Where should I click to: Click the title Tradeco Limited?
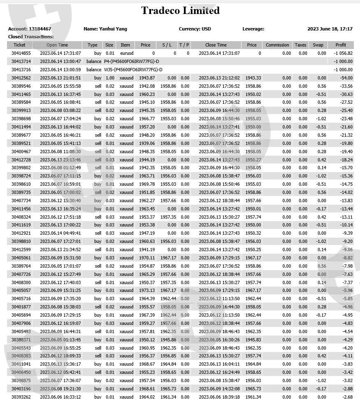coord(180,11)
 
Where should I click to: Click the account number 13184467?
coord(40,29)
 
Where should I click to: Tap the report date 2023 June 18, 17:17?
coord(330,29)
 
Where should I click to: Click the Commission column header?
coord(278,45)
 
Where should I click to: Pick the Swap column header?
coord(318,45)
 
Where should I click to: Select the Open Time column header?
coord(57,45)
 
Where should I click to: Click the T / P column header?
coord(184,45)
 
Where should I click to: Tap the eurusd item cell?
coord(126,53)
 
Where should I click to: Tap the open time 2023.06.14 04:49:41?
coord(60,233)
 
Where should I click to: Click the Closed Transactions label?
coord(31,37)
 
